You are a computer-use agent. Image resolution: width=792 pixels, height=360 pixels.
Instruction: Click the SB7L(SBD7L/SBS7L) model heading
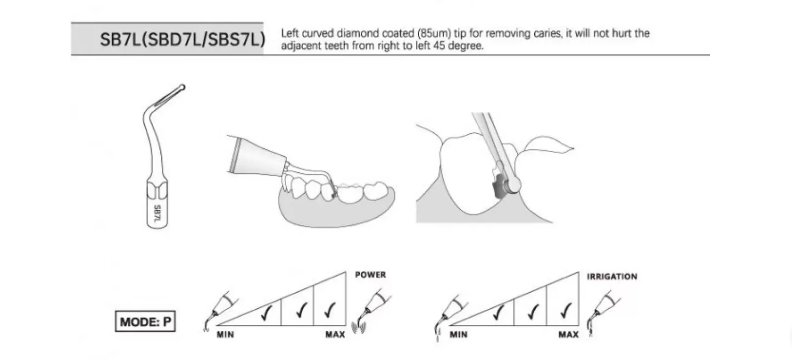click(182, 39)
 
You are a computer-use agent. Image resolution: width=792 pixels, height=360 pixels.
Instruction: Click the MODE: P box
click(145, 322)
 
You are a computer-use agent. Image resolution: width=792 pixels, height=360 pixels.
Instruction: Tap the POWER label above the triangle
click(370, 275)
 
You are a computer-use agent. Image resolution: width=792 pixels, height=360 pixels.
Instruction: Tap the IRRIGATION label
click(612, 276)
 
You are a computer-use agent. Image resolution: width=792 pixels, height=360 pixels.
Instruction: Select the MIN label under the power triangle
click(225, 335)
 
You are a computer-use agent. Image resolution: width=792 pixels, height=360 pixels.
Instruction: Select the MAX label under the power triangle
click(335, 335)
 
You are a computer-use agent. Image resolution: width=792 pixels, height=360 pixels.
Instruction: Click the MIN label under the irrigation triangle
click(458, 335)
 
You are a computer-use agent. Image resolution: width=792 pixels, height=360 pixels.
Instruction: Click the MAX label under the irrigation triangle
click(568, 335)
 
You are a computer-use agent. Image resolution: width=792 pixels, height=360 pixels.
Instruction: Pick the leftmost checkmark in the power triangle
click(266, 312)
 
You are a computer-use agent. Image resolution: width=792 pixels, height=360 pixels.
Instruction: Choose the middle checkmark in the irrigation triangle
click(532, 311)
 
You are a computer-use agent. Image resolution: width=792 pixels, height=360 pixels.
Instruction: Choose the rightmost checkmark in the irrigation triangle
click(565, 309)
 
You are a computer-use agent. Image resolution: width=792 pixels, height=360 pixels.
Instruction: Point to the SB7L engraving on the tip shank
click(158, 214)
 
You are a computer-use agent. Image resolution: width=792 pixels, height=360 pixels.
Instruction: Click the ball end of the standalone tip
click(182, 87)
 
